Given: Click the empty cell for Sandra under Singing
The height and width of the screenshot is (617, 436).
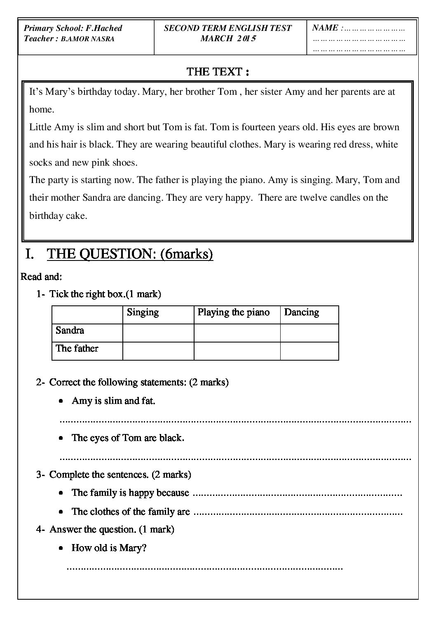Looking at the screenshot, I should pyautogui.click(x=158, y=333).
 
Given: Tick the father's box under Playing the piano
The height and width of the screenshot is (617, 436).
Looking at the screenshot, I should pyautogui.click(x=237, y=351).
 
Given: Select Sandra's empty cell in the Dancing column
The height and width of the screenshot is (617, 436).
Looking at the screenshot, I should pyautogui.click(x=309, y=333).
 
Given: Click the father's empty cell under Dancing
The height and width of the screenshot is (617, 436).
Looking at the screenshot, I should pyautogui.click(x=309, y=351).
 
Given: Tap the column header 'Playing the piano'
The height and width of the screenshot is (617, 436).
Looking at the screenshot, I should pyautogui.click(x=234, y=312).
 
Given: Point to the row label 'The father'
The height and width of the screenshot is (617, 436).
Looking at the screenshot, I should pyautogui.click(x=77, y=349).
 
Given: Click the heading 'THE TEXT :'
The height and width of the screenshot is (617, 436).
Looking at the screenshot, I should pyautogui.click(x=218, y=72).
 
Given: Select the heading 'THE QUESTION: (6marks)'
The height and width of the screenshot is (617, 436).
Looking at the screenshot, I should pyautogui.click(x=130, y=254).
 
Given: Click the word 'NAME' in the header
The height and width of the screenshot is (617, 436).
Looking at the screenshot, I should pyautogui.click(x=325, y=28).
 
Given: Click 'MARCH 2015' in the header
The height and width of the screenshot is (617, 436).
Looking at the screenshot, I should pyautogui.click(x=228, y=39).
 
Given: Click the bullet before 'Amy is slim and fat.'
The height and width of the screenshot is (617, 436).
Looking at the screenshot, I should pyautogui.click(x=61, y=401).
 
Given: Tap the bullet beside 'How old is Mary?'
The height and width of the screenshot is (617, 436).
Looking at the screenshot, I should pyautogui.click(x=61, y=549).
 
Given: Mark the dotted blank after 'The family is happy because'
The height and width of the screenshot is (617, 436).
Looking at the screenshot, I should pyautogui.click(x=298, y=494).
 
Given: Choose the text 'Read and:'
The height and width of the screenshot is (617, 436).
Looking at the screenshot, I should pyautogui.click(x=41, y=277).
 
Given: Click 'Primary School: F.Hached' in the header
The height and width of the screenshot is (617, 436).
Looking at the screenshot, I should pyautogui.click(x=73, y=28).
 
